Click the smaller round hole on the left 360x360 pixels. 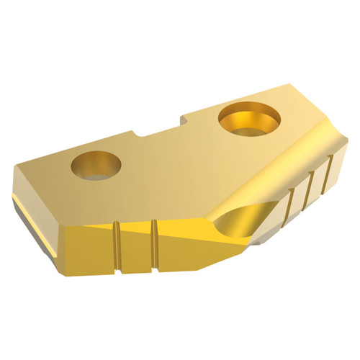tap(96, 164)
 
